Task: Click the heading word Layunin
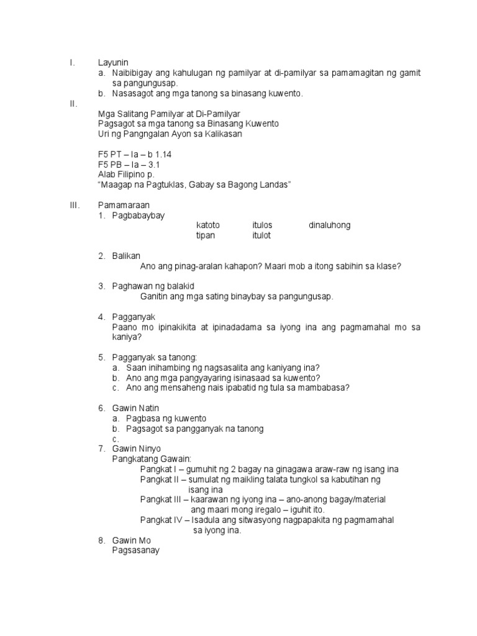click(112, 63)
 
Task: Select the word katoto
click(208, 225)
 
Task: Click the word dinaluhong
click(329, 225)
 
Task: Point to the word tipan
click(206, 235)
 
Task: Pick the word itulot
click(261, 235)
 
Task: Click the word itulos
click(262, 225)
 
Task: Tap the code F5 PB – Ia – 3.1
click(129, 165)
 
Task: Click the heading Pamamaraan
click(124, 205)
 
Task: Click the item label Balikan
click(127, 256)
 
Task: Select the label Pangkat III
click(161, 499)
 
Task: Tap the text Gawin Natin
click(136, 408)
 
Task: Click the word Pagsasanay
click(136, 550)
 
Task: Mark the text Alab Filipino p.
click(127, 175)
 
